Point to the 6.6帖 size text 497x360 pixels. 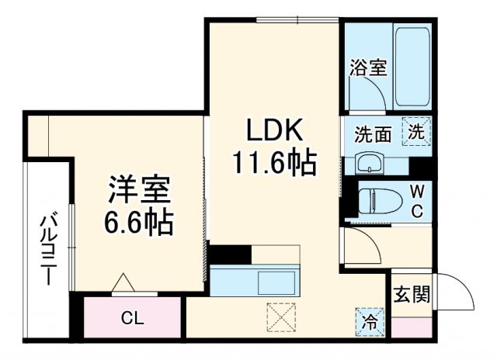[139, 224]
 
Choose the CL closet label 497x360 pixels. [132, 317]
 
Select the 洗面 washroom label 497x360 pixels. [373, 133]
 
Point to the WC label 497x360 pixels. [417, 201]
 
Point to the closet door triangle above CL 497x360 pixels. [123, 285]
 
